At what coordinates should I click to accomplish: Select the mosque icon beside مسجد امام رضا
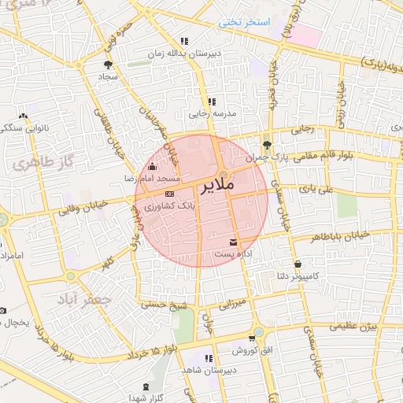tap(152, 166)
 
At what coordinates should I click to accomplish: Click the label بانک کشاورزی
tap(169, 205)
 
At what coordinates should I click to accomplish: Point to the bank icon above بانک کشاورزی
tap(169, 193)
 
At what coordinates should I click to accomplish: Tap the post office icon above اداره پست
tap(233, 242)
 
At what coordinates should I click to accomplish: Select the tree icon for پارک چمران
tap(267, 144)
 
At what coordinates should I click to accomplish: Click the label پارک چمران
tap(269, 157)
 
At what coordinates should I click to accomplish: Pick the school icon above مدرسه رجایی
tap(211, 102)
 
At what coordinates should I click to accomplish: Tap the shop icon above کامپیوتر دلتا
tap(298, 264)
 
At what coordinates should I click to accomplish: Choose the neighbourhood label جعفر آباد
tap(80, 300)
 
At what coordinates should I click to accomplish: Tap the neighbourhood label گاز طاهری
tap(35, 164)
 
